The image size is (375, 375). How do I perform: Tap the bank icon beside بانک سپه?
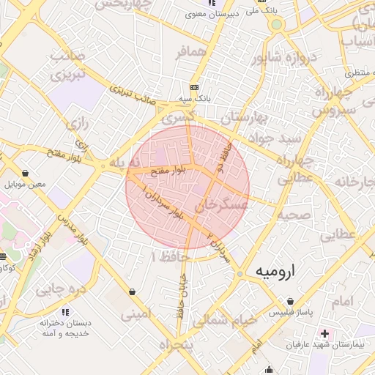click(193, 86)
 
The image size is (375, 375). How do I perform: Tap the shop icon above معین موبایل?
click(26, 174)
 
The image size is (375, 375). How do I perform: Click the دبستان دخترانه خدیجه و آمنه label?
click(65, 327)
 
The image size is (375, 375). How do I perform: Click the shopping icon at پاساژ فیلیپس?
click(291, 301)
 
